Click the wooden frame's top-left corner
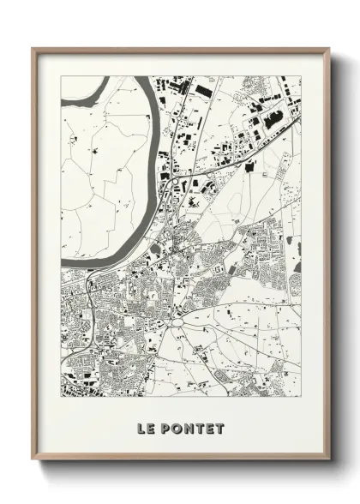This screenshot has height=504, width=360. [x=33, y=48]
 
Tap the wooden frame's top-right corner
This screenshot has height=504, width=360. [x=330, y=48]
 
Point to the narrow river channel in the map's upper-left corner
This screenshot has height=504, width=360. [x=86, y=89]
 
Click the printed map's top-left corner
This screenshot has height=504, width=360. [x=62, y=76]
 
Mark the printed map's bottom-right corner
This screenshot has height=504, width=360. [x=302, y=397]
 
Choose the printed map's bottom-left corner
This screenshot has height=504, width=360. [x=62, y=397]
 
